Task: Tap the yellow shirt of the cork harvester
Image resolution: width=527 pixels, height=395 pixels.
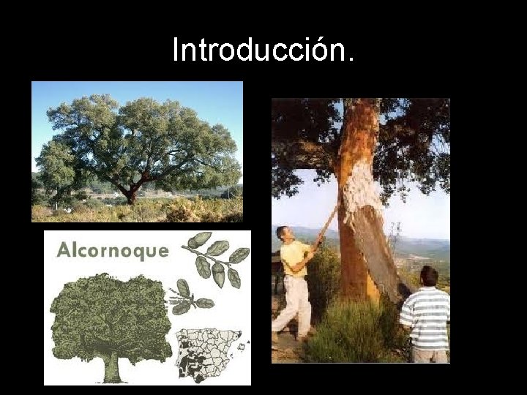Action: pyautogui.click(x=294, y=258)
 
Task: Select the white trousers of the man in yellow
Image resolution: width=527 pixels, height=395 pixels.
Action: pyautogui.click(x=294, y=304)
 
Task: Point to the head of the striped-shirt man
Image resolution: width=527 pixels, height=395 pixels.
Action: pyautogui.click(x=428, y=276)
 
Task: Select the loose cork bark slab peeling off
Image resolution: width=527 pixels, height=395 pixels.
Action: pyautogui.click(x=381, y=241)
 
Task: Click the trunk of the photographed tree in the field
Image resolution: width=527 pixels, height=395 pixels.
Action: pyautogui.click(x=131, y=195)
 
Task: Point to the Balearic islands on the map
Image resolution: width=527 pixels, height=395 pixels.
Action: pyautogui.click(x=244, y=343)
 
